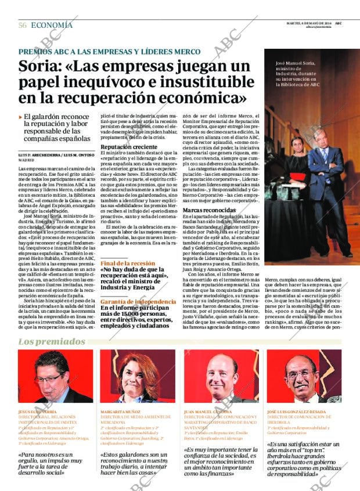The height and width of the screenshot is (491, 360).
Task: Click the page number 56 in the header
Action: click(23, 25)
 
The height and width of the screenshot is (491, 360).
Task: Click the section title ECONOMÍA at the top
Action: click(52, 25)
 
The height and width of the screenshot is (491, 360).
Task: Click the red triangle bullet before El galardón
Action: click(21, 117)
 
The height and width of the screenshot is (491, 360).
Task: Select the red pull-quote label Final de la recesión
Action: click(127, 263)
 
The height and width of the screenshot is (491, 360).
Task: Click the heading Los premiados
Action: click(52, 341)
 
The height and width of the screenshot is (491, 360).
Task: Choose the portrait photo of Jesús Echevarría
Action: click(55, 376)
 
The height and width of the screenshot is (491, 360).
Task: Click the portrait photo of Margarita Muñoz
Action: click(138, 376)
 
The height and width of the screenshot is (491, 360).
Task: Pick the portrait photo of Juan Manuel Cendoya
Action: click(221, 376)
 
